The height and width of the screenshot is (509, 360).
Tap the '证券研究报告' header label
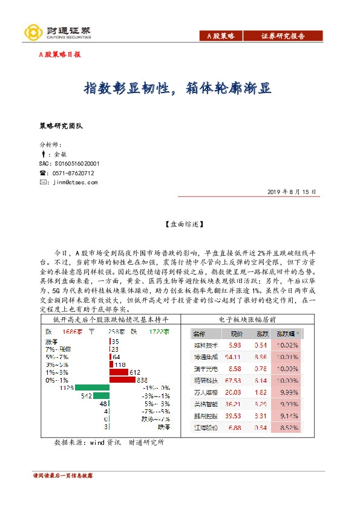point(283,36)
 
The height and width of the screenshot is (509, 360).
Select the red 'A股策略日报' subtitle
point(59,54)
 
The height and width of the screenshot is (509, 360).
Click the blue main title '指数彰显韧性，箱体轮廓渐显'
point(177,88)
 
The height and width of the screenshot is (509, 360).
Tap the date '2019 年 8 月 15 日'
point(291,192)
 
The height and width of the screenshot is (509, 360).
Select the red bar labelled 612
point(119,372)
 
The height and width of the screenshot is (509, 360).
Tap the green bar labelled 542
point(100,396)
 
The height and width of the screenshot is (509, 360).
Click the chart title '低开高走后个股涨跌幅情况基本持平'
point(108,319)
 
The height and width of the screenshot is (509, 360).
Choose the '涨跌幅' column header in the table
point(287,334)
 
